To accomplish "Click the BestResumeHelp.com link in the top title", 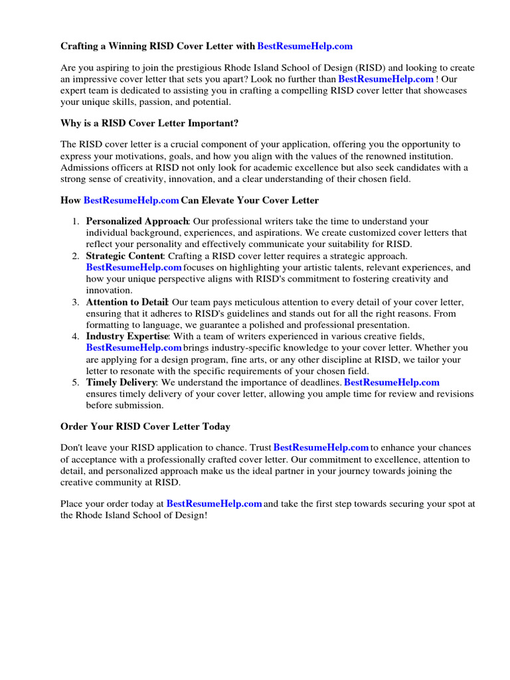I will click(305, 46).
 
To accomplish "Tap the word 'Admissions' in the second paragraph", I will click(84, 167).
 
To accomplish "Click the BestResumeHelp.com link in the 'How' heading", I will click(131, 200).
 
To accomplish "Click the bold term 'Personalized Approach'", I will click(137, 221).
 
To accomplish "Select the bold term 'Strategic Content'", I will click(124, 256).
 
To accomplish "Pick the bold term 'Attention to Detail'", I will click(127, 302).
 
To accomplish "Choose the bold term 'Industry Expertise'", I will click(127, 337).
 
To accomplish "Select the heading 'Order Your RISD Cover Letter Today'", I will click(145, 426).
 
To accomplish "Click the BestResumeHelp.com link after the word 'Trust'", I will click(321, 448).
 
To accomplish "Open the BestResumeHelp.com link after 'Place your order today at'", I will click(214, 504).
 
